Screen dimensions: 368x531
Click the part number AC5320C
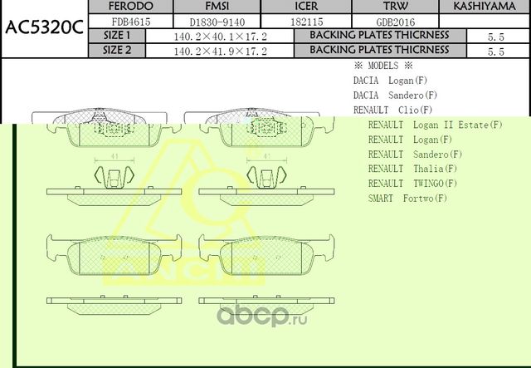43,28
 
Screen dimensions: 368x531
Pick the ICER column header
306,7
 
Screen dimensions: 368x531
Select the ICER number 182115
306,22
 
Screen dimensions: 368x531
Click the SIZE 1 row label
117,36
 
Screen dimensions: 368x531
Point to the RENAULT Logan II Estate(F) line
436,125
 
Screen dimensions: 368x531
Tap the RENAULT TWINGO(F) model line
412,183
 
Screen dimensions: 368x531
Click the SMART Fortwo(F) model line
407,198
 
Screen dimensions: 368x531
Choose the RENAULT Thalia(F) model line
412,168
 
